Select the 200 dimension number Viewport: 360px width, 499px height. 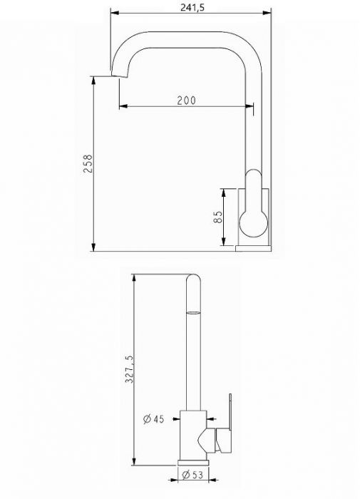[x=186, y=100]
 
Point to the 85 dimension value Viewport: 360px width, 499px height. [x=219, y=217]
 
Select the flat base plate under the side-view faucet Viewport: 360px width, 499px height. [x=254, y=248]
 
